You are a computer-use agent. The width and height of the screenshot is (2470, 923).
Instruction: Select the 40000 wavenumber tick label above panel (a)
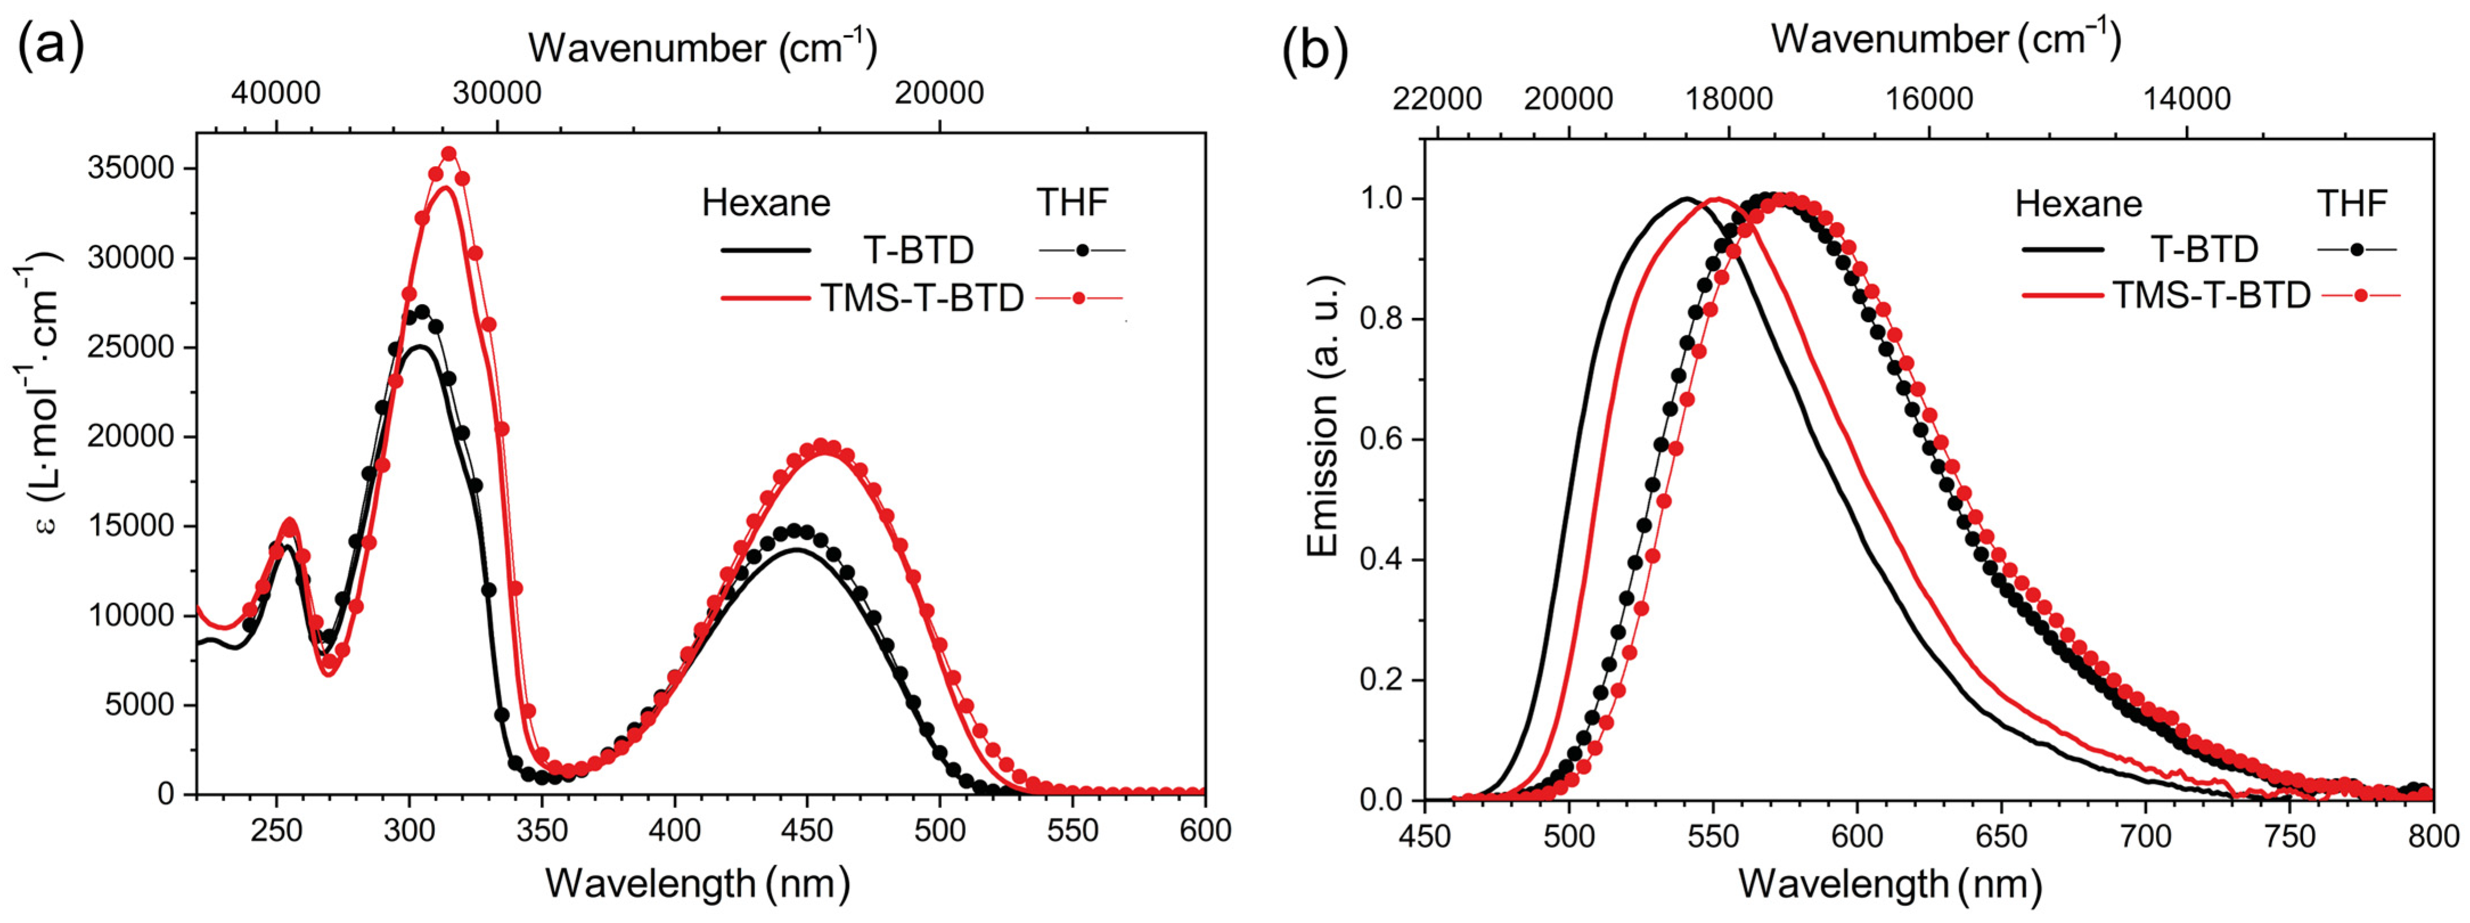[x=275, y=93]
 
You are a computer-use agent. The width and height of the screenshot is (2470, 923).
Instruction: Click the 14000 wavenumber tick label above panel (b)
[x=2186, y=99]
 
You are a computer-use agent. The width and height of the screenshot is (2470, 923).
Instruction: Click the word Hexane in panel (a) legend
[x=766, y=203]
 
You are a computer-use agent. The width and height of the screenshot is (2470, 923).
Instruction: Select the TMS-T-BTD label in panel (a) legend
[x=921, y=299]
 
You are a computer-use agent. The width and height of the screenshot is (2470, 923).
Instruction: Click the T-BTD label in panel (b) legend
[x=2205, y=249]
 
